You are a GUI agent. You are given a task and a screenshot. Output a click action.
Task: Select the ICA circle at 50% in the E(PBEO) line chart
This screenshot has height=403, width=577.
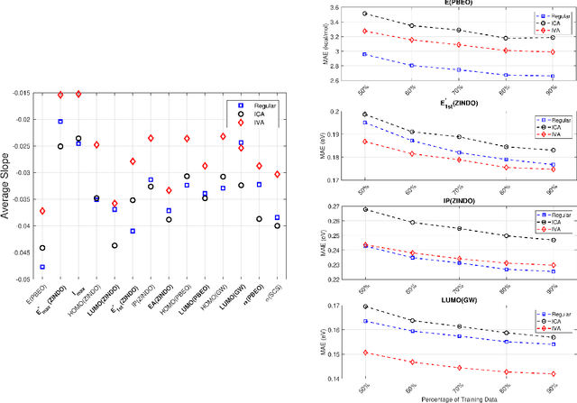click(365, 14)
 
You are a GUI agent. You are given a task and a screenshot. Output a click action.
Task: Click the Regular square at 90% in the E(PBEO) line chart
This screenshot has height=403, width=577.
click(552, 77)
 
